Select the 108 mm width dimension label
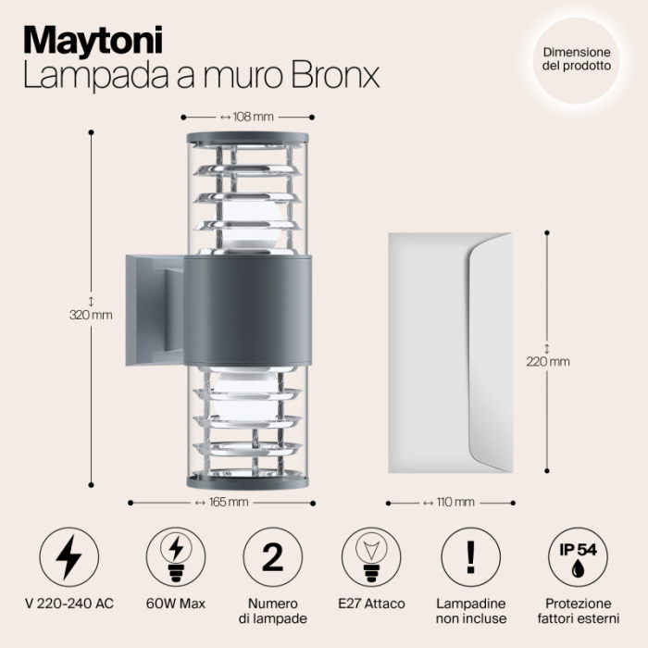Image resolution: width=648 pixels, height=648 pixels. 247,118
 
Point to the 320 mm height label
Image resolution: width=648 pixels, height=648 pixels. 91,315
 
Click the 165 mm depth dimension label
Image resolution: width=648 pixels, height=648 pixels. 222,503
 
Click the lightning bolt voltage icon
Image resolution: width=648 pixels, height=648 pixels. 68,556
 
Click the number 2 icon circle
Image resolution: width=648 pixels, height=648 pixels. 272,556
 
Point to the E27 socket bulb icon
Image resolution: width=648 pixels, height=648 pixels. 372,556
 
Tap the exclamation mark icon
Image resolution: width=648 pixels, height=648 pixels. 470,556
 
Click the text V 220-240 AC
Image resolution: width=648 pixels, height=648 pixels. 69,604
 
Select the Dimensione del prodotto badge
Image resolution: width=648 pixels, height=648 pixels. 576,60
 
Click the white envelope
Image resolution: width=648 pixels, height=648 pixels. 449,352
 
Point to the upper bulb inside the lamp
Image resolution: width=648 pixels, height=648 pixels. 247,222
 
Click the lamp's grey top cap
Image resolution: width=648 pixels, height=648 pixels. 247,139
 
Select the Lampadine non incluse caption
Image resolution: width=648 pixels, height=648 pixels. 471,611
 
